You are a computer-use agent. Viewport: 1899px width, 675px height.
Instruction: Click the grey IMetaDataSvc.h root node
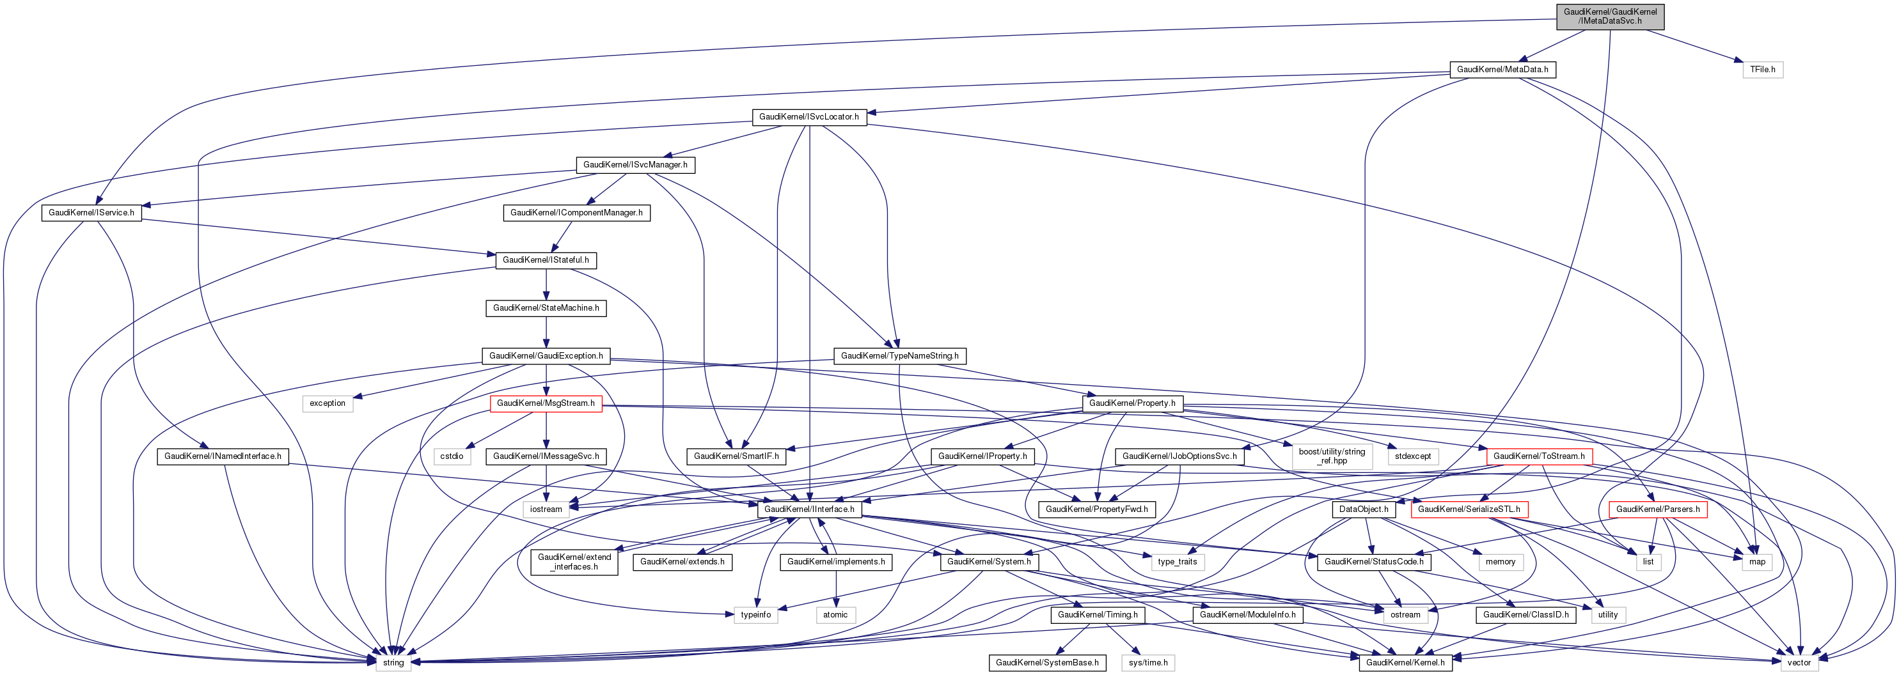[x=1609, y=16]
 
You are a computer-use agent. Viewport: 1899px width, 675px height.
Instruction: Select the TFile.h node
[x=1762, y=69]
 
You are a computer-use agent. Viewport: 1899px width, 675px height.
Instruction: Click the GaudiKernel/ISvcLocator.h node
[x=808, y=117]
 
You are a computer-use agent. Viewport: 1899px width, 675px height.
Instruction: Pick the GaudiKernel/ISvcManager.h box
[x=634, y=164]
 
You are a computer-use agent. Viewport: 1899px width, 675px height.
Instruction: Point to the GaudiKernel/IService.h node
[x=91, y=213]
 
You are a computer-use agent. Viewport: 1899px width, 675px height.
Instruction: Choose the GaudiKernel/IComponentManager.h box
[x=576, y=213]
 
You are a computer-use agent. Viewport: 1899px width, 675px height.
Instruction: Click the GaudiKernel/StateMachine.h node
[x=546, y=308]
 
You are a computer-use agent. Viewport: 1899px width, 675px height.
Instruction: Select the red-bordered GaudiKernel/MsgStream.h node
[x=546, y=403]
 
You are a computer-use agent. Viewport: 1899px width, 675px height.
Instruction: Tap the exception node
[x=327, y=403]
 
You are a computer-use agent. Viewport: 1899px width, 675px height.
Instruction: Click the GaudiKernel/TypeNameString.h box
[x=899, y=356]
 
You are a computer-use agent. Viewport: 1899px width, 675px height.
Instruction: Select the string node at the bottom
[x=393, y=662]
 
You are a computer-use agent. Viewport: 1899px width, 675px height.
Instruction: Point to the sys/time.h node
[x=1148, y=662]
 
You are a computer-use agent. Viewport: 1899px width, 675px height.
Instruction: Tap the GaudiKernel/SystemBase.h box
[x=1047, y=662]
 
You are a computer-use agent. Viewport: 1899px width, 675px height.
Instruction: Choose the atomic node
[x=835, y=614]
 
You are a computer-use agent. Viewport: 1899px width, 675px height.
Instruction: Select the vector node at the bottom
[x=1799, y=662]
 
